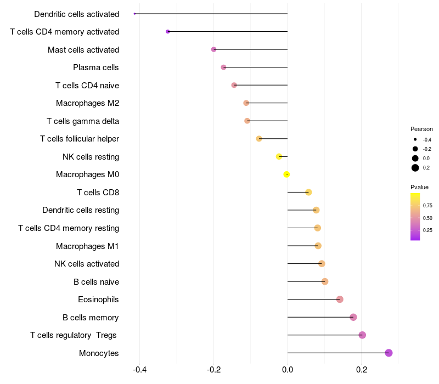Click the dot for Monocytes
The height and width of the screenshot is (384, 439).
[x=389, y=353]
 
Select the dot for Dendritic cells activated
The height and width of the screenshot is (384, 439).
[x=134, y=14]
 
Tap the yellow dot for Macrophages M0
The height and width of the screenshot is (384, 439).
[x=286, y=174]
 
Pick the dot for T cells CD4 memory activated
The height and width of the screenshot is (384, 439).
[x=168, y=32]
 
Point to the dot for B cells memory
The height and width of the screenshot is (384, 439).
[x=353, y=317]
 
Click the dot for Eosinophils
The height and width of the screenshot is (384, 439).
[x=340, y=300]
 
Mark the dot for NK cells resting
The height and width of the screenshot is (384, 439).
[x=279, y=156]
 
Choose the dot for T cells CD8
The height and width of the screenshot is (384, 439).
[x=308, y=192]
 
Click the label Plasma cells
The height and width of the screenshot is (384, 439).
[x=96, y=67]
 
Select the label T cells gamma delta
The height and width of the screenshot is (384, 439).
[x=83, y=121]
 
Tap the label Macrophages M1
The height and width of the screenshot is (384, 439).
[x=87, y=246]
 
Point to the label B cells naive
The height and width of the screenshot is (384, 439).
[x=96, y=282]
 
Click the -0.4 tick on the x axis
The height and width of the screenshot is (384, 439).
[x=139, y=369]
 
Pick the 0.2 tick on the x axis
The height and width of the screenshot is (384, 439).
[x=362, y=369]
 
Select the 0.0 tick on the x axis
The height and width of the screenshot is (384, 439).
[x=288, y=369]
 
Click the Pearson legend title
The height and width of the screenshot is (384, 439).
[x=421, y=129]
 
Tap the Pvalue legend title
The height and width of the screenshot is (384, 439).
[x=420, y=187]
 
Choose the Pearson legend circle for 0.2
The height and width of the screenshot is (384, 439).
[x=415, y=168]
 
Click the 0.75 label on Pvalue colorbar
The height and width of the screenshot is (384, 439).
[x=427, y=206]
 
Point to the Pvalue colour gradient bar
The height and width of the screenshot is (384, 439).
[x=415, y=217]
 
